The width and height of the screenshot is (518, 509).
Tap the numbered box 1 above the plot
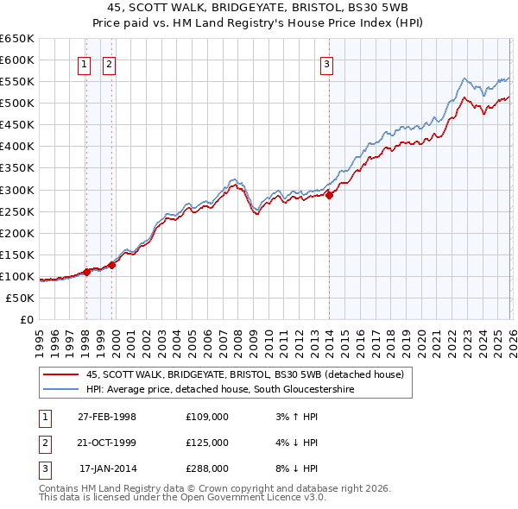coord(85,63)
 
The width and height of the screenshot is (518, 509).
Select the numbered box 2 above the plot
coord(110,63)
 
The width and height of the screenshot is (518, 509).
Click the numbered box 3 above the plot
coord(327,63)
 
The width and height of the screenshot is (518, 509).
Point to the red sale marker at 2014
coord(329,194)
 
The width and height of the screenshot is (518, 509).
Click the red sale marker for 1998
coord(86,272)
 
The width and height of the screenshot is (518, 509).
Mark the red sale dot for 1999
coord(111,265)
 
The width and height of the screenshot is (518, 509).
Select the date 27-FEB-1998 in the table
coord(106,417)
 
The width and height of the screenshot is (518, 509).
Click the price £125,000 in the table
coord(206,443)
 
